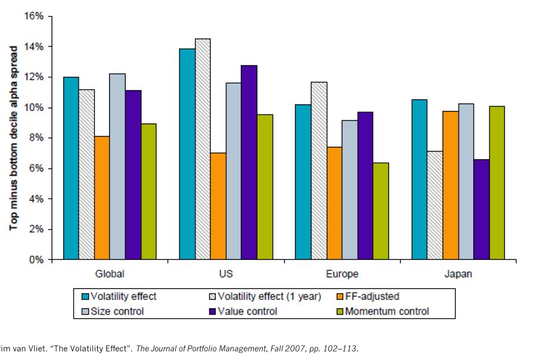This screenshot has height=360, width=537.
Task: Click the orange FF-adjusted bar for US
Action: pos(218,206)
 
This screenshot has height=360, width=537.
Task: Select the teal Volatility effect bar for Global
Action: pos(71,168)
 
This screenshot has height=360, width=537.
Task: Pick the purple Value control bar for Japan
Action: pos(482,209)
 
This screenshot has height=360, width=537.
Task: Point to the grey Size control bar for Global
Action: pos(118,167)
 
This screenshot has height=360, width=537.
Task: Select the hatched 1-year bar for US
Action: pos(203,149)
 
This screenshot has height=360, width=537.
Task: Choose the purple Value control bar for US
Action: pos(249,162)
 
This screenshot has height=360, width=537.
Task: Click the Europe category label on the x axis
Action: pos(342,274)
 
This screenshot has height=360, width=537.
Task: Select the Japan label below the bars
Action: pos(458,274)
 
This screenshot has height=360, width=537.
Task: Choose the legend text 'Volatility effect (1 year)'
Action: pos(269,296)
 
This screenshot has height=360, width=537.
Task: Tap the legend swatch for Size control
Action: pos(85,311)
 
